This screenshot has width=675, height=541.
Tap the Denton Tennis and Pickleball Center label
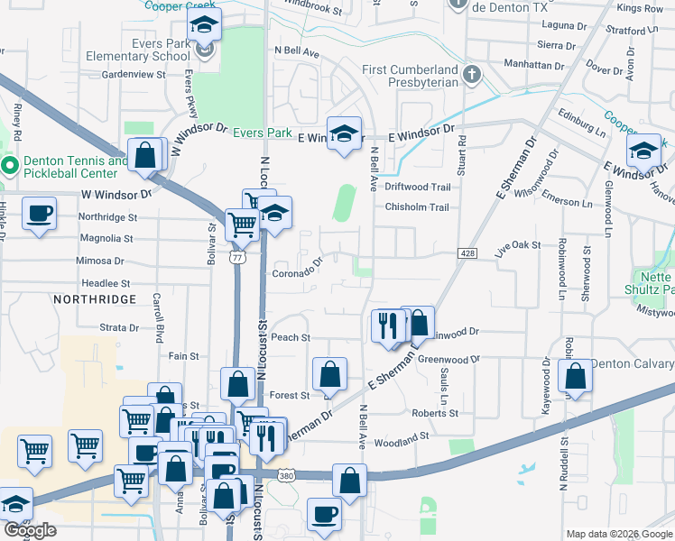tap(76, 167)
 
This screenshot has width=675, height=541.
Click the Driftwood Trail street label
tap(417, 187)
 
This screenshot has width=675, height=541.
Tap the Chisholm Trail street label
tap(417, 207)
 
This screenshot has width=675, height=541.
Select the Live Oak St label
tap(517, 245)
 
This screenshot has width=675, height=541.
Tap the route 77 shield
tap(236, 257)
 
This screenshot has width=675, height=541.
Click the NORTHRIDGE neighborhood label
tap(95, 298)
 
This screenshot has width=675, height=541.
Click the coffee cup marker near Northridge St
tap(38, 215)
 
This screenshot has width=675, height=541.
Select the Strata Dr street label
tap(119, 328)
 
